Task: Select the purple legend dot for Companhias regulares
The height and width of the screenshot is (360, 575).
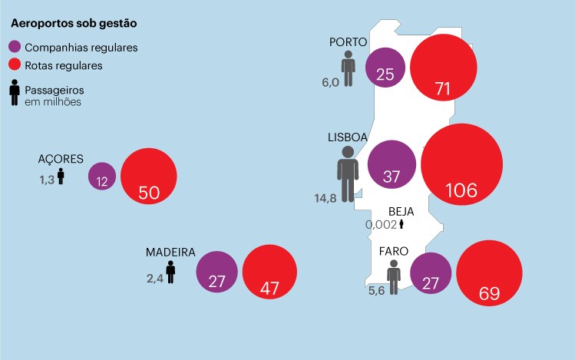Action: [15, 48]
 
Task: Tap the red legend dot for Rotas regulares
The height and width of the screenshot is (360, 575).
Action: [15, 65]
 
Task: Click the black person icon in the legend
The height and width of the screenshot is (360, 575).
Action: [15, 94]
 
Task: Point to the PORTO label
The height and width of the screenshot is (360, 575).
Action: [349, 42]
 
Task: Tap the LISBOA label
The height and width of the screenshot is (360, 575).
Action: [349, 137]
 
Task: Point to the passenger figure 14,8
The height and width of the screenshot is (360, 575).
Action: [326, 198]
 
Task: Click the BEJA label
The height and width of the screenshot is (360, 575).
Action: [402, 211]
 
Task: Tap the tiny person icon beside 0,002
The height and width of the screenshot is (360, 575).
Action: [401, 224]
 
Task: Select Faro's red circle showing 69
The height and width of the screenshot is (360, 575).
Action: [489, 274]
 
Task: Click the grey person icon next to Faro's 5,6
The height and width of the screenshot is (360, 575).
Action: [394, 276]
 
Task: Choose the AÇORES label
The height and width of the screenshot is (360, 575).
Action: [61, 159]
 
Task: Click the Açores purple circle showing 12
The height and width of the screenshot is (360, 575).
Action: [102, 176]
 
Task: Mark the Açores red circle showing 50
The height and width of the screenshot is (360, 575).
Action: [148, 176]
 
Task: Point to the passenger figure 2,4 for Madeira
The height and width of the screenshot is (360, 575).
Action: [155, 278]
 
